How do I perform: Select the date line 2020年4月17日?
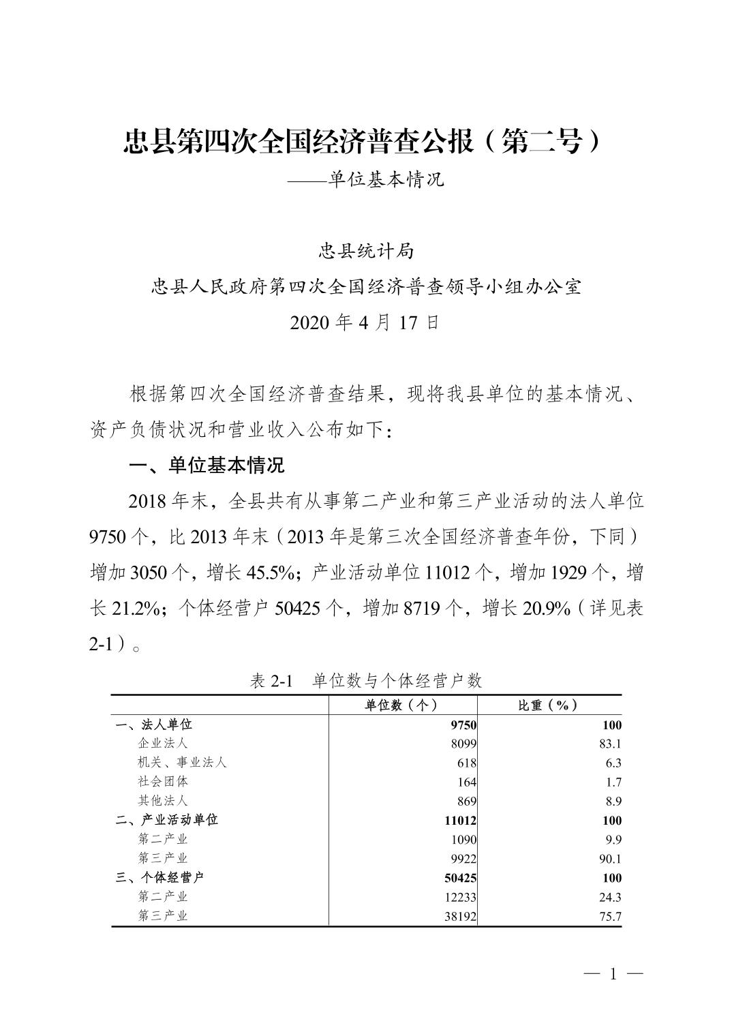[x=365, y=322]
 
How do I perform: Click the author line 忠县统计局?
[x=366, y=252]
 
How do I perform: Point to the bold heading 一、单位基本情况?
[x=207, y=466]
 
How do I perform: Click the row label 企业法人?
[x=163, y=744]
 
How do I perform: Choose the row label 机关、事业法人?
[x=182, y=763]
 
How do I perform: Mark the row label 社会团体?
[x=163, y=782]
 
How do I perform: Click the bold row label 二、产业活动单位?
[x=167, y=820]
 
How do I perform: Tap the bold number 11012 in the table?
[x=460, y=821]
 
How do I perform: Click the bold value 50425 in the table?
[x=460, y=878]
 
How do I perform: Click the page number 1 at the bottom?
[x=613, y=975]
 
